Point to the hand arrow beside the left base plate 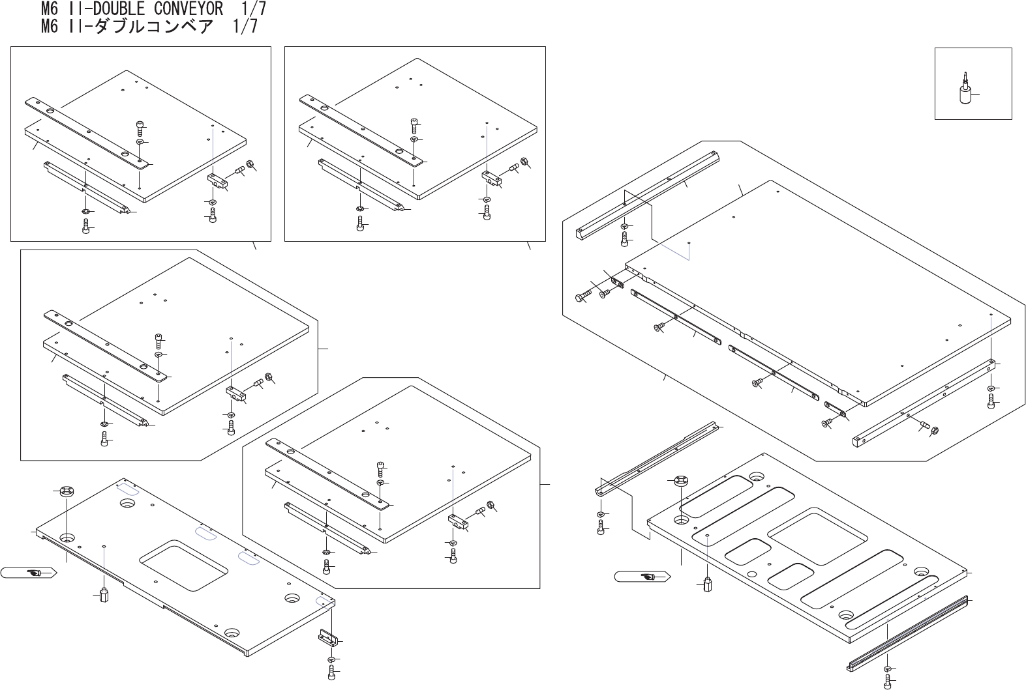[30, 573]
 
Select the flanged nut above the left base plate [67, 492]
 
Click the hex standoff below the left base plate [103, 596]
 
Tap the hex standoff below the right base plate [708, 583]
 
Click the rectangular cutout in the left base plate [183, 564]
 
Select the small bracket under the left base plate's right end [327, 636]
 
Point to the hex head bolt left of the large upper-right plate [582, 297]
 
